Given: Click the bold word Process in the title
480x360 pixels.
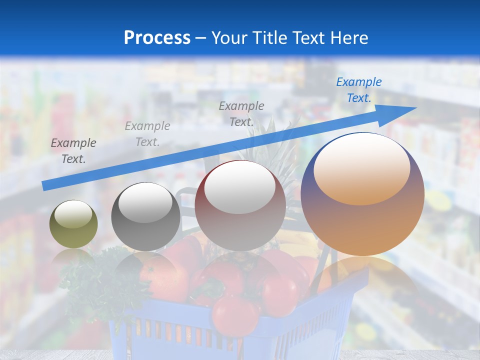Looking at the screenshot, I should tap(157, 38).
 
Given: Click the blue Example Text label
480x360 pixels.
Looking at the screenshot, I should tap(358, 90).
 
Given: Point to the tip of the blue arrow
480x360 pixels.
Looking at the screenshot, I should tap(415, 107).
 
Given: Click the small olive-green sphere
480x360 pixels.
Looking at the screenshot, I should tap(73, 224).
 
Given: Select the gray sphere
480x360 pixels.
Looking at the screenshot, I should tap(145, 216).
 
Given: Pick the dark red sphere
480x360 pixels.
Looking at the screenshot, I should tap(240, 205).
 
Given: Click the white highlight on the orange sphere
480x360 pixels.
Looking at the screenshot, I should tap(361, 169).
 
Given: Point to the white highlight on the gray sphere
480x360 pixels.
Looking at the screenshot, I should tap(145, 202).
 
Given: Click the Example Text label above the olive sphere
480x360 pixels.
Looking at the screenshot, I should tap(73, 151).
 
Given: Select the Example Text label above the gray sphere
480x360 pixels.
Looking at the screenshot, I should tap(147, 134).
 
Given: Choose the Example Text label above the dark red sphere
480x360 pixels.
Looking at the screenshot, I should tap(241, 113).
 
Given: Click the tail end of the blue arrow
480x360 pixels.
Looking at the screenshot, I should tap(45, 186).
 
